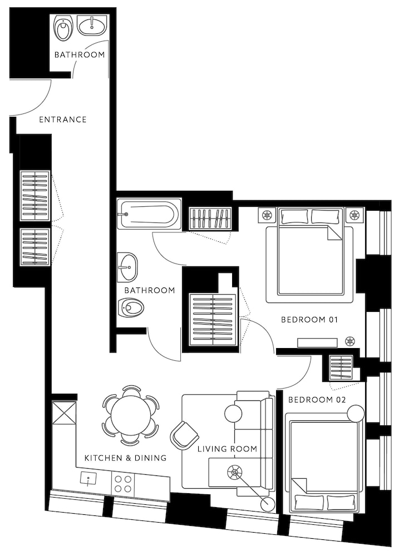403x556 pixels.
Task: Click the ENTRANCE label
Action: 62,120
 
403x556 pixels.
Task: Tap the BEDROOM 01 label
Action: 310,320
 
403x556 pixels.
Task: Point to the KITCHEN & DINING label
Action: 125,458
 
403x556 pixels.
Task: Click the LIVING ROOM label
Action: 227,449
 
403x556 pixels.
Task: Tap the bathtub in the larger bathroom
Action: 148,214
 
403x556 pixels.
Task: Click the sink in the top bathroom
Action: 92,25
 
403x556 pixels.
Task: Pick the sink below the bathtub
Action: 128,267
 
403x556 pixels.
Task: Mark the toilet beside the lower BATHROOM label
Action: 131,306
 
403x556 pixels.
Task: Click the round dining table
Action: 130,415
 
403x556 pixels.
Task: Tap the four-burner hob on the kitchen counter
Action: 122,483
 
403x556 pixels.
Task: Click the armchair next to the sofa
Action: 184,435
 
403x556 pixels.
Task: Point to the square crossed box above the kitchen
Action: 63,413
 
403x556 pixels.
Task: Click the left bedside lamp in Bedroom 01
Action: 267,215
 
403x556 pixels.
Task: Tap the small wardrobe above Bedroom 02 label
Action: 341,368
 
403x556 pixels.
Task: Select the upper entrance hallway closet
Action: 35,196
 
